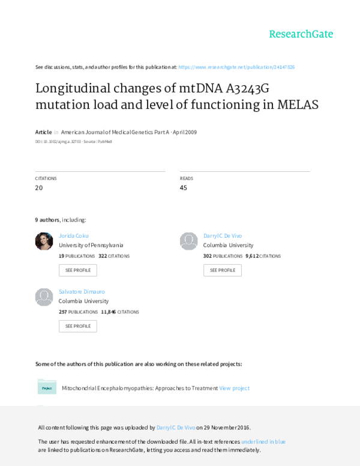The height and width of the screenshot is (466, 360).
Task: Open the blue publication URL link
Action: point(236,67)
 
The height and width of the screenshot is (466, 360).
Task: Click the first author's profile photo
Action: point(44,241)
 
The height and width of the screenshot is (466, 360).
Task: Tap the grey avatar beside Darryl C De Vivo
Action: point(189,241)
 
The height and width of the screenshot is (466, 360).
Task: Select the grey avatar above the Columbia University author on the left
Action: point(44,297)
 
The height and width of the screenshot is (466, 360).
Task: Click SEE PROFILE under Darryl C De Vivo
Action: point(223,270)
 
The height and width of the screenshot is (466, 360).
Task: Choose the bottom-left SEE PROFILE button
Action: point(77,326)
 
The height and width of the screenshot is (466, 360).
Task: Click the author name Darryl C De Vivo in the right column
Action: point(223,235)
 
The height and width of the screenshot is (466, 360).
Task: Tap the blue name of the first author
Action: point(73,235)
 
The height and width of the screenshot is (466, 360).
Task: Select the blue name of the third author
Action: point(78,291)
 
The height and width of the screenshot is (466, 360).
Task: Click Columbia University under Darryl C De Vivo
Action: point(228,245)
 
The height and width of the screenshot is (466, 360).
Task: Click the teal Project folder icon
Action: point(47,387)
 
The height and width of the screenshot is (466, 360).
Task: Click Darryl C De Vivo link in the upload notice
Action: point(175,427)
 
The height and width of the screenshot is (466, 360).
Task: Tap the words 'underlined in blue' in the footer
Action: point(263,441)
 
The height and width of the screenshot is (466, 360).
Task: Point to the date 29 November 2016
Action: point(230,427)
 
